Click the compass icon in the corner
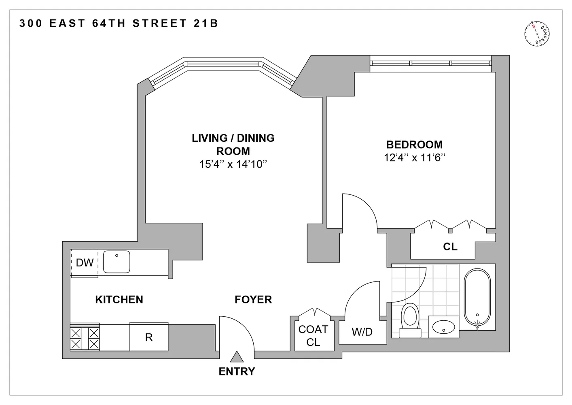click(x=537, y=33)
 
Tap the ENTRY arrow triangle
click(x=237, y=357)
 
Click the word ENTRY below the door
click(x=237, y=371)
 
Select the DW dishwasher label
click(x=85, y=263)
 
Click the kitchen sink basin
click(x=117, y=262)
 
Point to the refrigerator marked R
click(x=149, y=337)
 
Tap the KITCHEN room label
click(x=119, y=300)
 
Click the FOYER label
click(x=253, y=300)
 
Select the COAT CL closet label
click(x=313, y=336)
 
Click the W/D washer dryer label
click(x=362, y=333)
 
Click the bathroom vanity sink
click(x=443, y=326)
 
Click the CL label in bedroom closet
click(x=450, y=247)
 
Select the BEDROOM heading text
click(x=414, y=145)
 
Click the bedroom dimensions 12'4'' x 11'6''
click(x=414, y=158)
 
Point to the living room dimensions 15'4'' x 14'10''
click(x=233, y=164)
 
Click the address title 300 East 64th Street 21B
click(x=119, y=23)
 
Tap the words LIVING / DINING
click(x=233, y=138)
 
